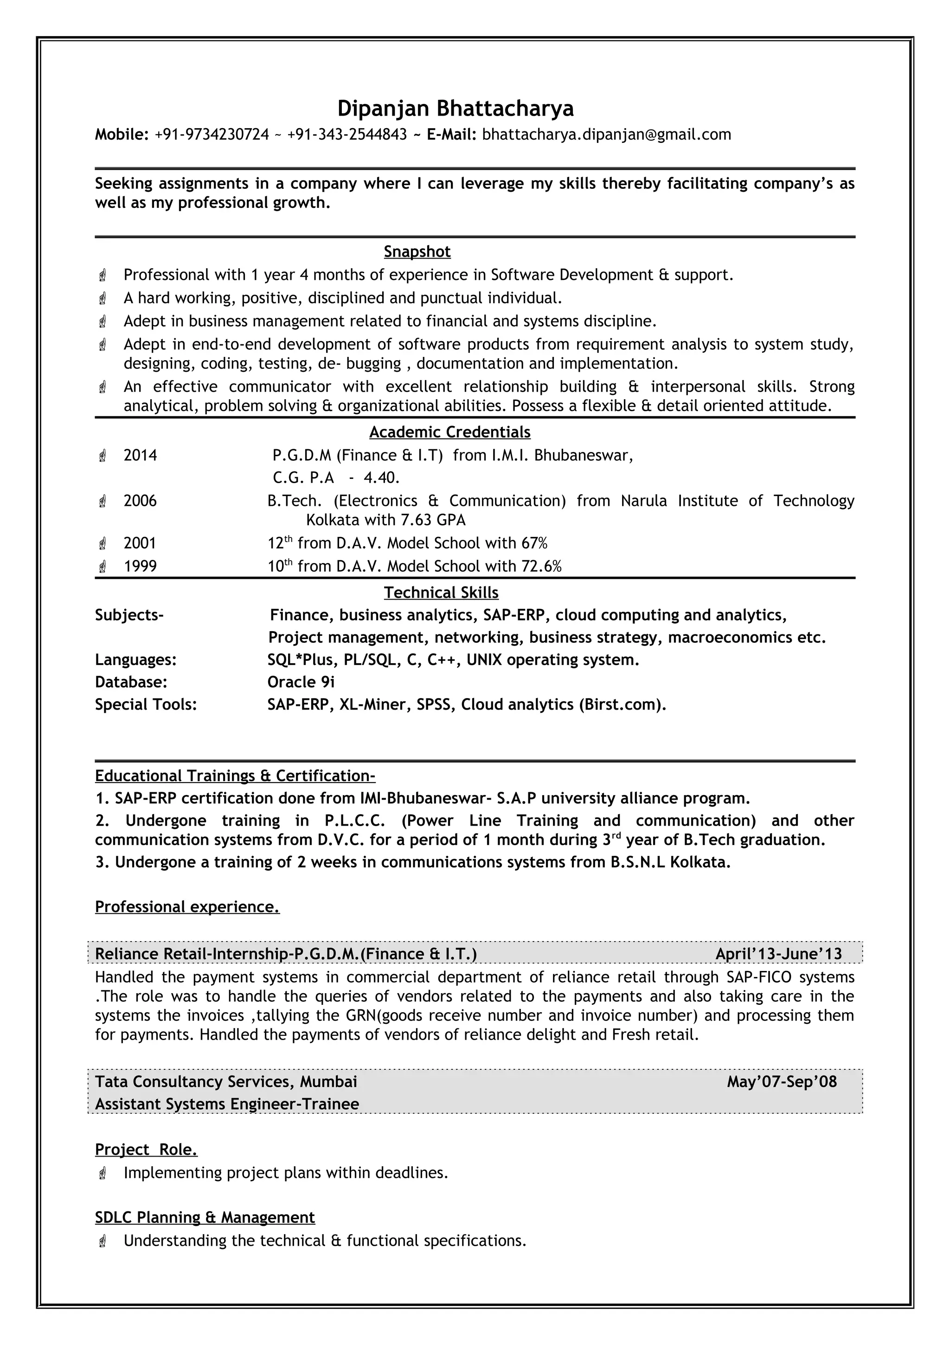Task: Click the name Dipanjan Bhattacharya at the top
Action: coord(456,109)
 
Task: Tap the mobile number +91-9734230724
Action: coord(212,135)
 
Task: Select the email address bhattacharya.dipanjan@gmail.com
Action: coord(606,135)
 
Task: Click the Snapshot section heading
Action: coord(417,252)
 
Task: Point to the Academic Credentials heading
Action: coord(449,433)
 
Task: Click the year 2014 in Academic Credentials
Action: coord(140,456)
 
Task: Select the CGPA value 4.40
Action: coord(381,478)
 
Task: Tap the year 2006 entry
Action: coord(140,501)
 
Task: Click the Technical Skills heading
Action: coord(441,593)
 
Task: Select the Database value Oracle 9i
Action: coord(301,682)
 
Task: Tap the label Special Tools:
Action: coord(146,704)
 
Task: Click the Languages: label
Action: coord(136,660)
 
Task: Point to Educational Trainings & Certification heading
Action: coord(235,776)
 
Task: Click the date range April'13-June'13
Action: coord(778,954)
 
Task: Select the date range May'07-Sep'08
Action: coord(782,1081)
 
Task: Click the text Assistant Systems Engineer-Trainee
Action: coord(227,1104)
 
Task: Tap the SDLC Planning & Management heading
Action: coord(205,1217)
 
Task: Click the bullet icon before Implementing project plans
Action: coord(103,1173)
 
